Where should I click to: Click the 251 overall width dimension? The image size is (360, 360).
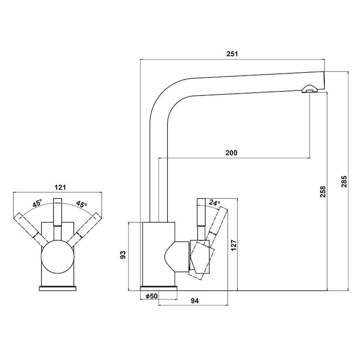pyautogui.click(x=232, y=54)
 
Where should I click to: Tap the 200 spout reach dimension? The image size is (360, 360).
pyautogui.click(x=232, y=153)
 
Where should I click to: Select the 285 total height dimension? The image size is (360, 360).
pyautogui.click(x=344, y=181)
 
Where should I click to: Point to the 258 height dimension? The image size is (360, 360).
pyautogui.click(x=323, y=191)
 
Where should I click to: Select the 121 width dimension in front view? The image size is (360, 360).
pyautogui.click(x=59, y=187)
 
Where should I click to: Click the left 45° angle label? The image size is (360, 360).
pyautogui.click(x=37, y=204)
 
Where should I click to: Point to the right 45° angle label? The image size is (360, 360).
pyautogui.click(x=81, y=205)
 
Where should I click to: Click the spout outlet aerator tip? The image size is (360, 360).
pyautogui.click(x=309, y=89)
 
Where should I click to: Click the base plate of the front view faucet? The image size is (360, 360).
pyautogui.click(x=58, y=287)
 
